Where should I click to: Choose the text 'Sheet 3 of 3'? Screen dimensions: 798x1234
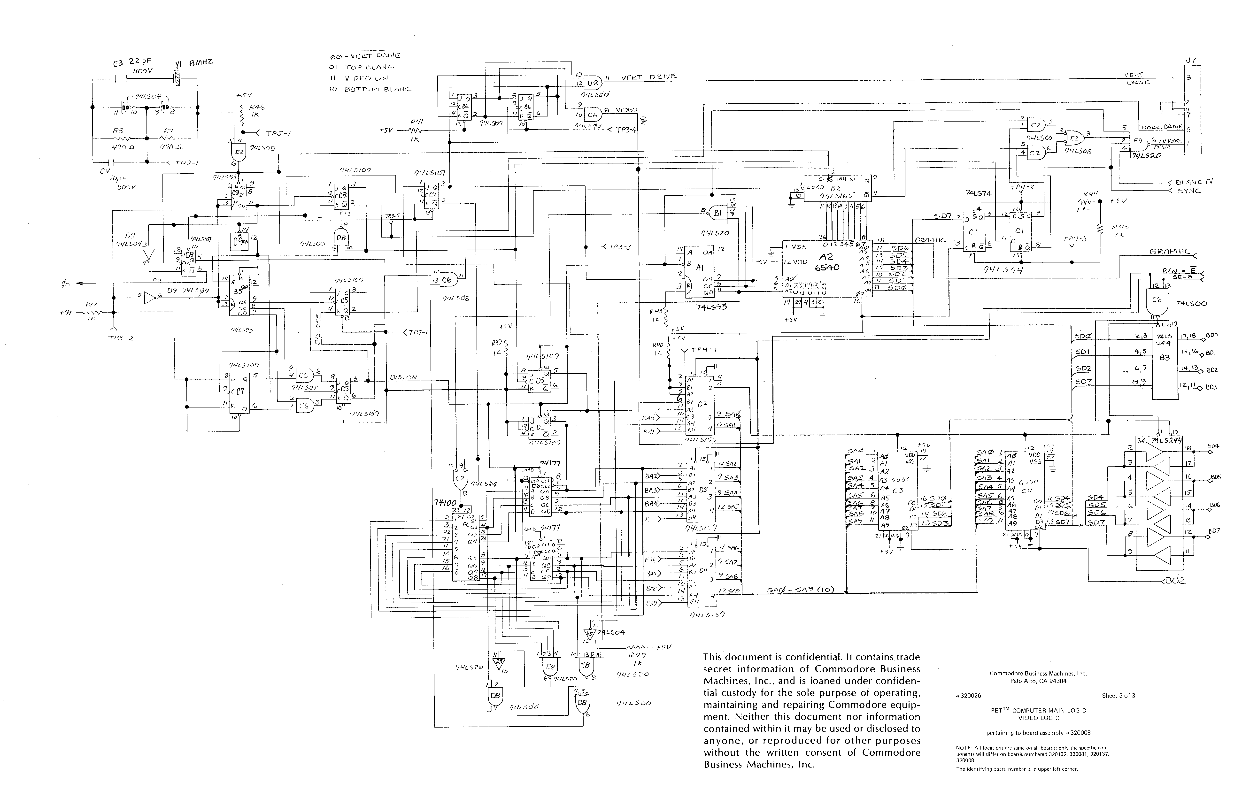click(1118, 695)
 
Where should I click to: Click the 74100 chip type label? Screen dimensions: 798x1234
click(446, 503)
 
